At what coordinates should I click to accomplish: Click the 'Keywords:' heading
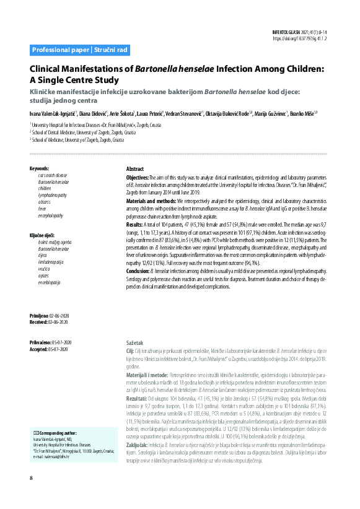(x=39, y=168)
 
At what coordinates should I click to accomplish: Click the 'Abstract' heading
(x=135, y=169)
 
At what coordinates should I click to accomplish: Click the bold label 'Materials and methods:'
(x=151, y=202)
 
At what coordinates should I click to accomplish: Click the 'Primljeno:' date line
(x=51, y=316)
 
